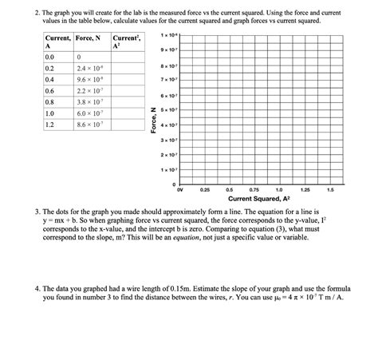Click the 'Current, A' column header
57,42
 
